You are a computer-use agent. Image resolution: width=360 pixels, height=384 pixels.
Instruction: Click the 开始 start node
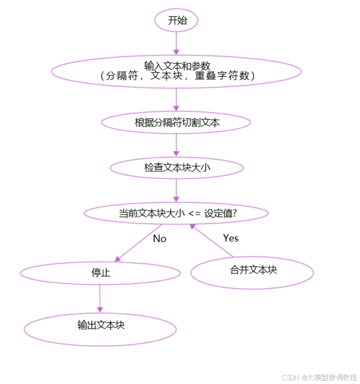(176, 20)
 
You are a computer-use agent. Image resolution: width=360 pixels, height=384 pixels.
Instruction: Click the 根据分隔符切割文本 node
(176, 122)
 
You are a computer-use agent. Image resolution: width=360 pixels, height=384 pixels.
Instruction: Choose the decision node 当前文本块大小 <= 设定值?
(177, 214)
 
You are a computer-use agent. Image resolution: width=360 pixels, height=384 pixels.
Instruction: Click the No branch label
(160, 238)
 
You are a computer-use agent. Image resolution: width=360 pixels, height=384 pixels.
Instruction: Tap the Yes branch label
(230, 238)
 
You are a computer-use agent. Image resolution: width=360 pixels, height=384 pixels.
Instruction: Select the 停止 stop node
(100, 273)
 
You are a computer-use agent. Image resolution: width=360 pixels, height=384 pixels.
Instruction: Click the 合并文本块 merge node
(252, 270)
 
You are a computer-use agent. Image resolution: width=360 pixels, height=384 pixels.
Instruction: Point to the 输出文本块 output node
(100, 325)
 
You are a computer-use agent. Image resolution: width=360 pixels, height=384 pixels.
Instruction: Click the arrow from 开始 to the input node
(176, 43)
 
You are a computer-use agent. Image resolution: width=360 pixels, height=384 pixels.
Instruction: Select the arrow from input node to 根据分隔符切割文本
(176, 100)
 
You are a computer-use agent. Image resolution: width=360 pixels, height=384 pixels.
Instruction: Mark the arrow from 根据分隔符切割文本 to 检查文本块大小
(177, 144)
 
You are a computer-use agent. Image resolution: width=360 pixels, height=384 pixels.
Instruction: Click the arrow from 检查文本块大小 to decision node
(176, 190)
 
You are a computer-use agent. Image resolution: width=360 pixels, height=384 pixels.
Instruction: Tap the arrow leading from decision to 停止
(139, 243)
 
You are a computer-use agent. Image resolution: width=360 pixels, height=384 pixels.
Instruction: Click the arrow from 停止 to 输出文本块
(100, 298)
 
